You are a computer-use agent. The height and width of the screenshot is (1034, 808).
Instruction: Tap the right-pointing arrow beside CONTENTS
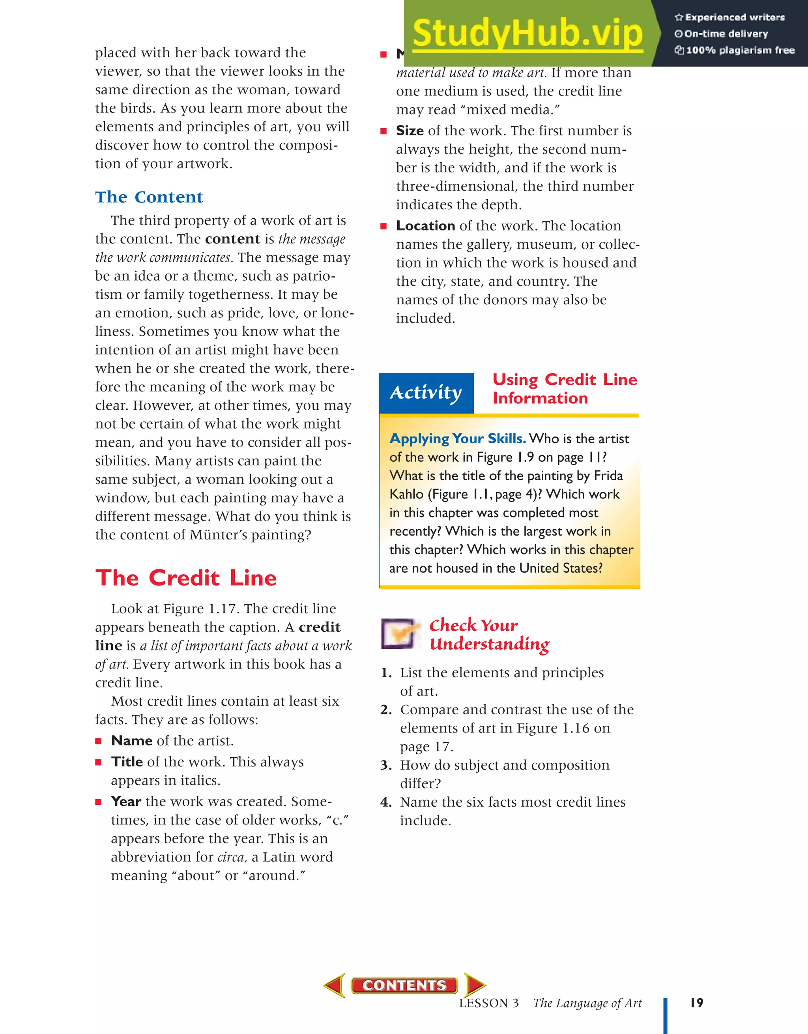tap(474, 985)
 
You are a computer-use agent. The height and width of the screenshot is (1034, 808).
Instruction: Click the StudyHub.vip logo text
tap(527, 33)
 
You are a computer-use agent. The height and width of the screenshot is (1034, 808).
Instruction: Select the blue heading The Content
tap(149, 197)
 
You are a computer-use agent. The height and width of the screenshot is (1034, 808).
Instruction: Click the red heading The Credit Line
tap(186, 578)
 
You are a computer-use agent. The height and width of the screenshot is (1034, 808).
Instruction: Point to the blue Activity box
tap(426, 393)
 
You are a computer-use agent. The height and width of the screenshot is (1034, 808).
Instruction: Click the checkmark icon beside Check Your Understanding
tap(400, 633)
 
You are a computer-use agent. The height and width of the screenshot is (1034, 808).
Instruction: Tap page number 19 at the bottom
tap(696, 1003)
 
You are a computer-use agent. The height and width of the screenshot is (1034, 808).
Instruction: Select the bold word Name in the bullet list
tap(132, 741)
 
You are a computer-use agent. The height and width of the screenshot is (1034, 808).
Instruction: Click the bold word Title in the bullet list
tap(127, 762)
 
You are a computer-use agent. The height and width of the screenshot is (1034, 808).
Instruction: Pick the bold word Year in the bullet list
tap(126, 802)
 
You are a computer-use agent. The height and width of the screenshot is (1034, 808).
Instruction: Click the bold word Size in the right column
tap(410, 131)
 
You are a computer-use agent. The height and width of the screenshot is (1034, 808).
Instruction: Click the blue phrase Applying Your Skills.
tap(457, 439)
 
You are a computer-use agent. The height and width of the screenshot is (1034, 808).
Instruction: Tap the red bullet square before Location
tap(383, 226)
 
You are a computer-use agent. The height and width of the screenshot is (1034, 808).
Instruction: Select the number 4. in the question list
tap(386, 802)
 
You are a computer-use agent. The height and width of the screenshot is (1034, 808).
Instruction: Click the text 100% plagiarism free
tap(740, 50)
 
